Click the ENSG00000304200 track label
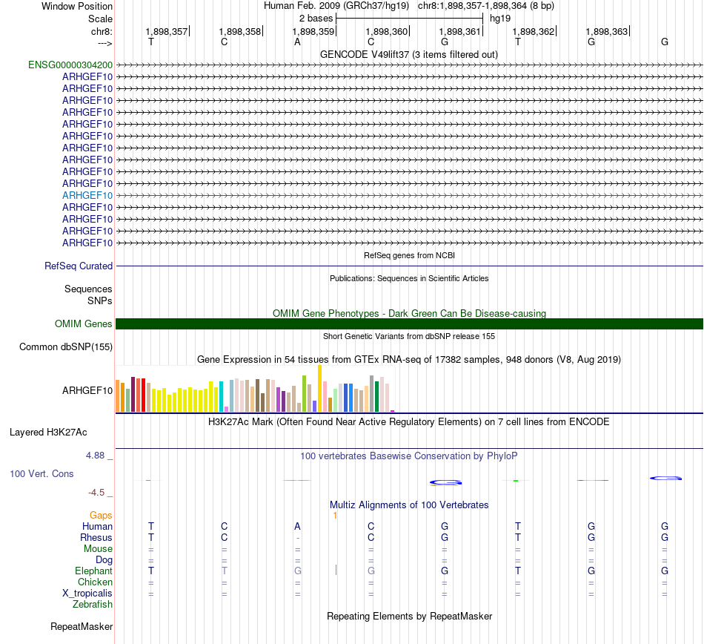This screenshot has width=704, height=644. [70, 65]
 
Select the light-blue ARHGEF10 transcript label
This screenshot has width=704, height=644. [87, 195]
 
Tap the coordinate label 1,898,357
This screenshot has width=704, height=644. [167, 32]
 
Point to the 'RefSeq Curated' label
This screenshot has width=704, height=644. [79, 266]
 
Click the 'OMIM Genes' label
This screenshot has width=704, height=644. [84, 323]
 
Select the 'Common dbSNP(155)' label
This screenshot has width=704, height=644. [66, 346]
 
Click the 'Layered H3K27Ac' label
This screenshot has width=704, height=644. [48, 432]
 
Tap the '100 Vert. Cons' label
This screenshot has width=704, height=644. [41, 473]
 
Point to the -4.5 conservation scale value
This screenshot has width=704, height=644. [100, 492]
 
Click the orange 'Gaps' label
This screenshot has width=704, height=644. [101, 515]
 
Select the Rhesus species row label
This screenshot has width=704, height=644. [96, 537]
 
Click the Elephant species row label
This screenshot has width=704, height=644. [93, 571]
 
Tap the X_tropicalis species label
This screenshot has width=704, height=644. [87, 593]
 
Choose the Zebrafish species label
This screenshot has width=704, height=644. [93, 604]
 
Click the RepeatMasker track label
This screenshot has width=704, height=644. [82, 627]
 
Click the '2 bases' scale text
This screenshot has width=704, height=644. [316, 17]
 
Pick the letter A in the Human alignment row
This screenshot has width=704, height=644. [297, 526]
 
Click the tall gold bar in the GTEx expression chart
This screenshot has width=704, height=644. [320, 388]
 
